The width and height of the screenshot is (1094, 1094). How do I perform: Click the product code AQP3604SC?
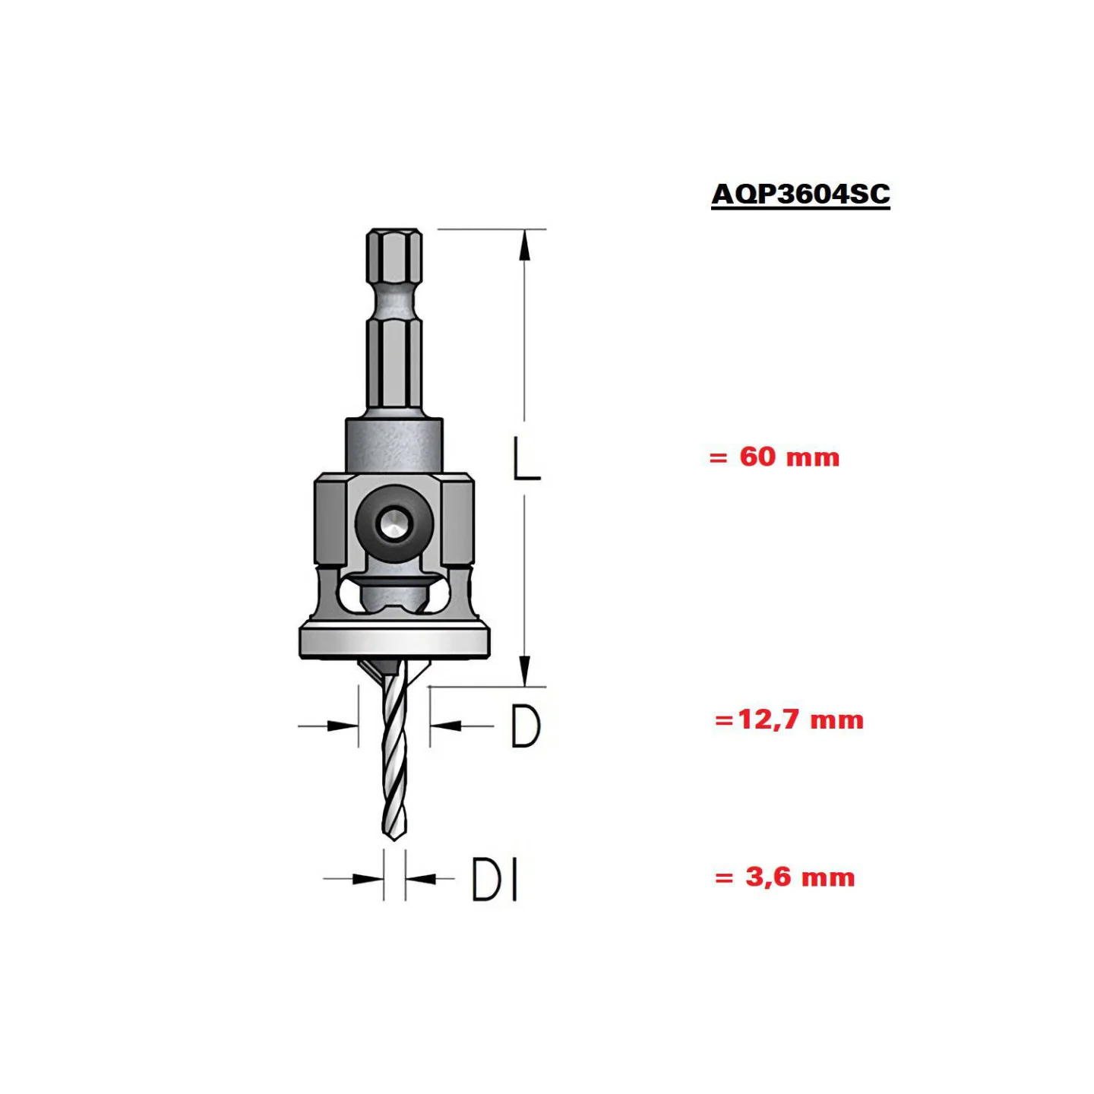pos(800,194)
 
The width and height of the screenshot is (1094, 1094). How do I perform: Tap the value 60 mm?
pos(789,457)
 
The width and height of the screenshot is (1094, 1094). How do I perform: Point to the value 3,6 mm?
pos(800,877)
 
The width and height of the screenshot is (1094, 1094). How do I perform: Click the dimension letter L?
pos(526,459)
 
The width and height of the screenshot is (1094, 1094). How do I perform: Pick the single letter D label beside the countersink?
pos(525,726)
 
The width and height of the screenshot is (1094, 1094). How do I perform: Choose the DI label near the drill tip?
pos(495,879)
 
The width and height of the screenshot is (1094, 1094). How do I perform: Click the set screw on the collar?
pos(394,524)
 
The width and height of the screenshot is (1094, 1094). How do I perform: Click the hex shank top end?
pos(394,232)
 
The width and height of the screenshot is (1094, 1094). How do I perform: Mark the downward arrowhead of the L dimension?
pos(524,672)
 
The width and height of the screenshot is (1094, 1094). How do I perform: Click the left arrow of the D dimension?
pos(342,726)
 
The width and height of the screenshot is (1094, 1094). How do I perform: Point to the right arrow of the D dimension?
pos(446,726)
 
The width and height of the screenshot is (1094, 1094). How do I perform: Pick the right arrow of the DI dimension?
pos(421,879)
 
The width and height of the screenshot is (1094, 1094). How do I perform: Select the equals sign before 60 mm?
pos(718,458)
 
